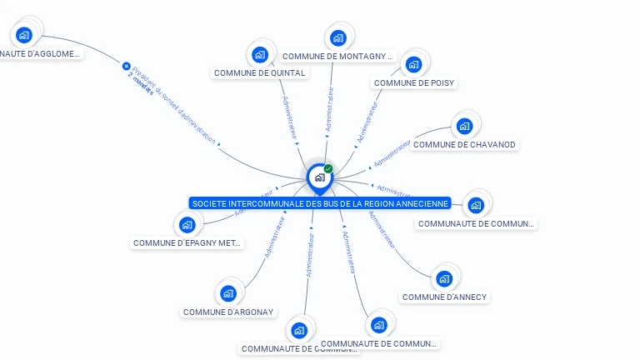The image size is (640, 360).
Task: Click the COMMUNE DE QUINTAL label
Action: [x=260, y=73]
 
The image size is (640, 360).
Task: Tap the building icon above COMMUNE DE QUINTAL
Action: [x=260, y=55]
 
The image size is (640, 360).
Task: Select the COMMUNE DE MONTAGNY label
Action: [x=337, y=57]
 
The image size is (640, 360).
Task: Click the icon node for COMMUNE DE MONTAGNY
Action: [x=337, y=37]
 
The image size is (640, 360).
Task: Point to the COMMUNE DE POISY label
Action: [x=414, y=83]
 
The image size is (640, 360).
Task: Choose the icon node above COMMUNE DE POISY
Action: [x=412, y=64]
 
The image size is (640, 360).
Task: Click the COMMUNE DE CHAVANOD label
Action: [x=464, y=145]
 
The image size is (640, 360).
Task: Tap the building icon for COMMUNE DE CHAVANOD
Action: [x=464, y=127]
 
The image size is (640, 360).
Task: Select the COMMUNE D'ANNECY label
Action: [x=444, y=297]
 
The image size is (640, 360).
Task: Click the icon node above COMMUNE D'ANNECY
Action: [x=444, y=278]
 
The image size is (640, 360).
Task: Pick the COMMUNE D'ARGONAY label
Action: [x=228, y=312]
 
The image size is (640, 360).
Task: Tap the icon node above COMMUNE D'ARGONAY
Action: [x=228, y=293]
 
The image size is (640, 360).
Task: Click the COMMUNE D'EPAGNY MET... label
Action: [x=187, y=243]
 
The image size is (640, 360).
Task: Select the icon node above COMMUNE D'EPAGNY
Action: [x=187, y=224]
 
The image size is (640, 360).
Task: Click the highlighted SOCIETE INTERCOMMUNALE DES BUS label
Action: [x=320, y=203]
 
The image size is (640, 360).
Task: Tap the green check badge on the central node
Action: [x=328, y=169]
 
